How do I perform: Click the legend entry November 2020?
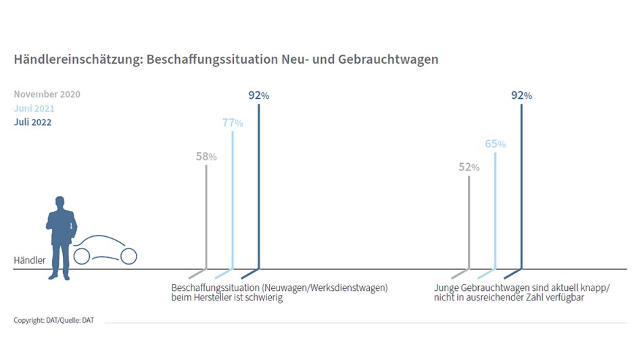coord(47,94)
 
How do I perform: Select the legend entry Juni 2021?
coord(34,108)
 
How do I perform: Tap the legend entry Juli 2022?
coord(32,122)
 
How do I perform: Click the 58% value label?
coord(206,156)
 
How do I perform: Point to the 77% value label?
coord(233,122)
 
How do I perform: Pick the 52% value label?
coord(469,167)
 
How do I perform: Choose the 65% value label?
coord(495,143)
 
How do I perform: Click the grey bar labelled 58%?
coord(206,217)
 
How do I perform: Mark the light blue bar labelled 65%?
coord(495,210)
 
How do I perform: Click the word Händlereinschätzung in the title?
coord(76,60)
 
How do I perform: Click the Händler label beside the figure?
coord(30,261)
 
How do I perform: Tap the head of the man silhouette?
coord(60,202)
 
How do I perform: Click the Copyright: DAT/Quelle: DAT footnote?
coord(53,320)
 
